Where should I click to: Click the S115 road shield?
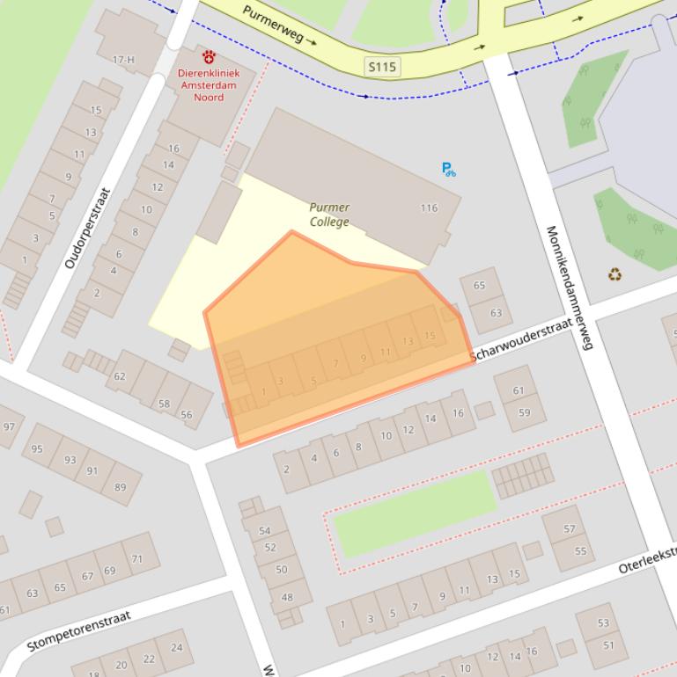[x=381, y=66]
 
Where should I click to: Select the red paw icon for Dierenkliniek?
[x=209, y=56]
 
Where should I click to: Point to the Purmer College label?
[x=329, y=215]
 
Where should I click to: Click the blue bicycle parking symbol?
[x=449, y=169]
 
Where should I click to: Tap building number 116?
[x=429, y=208]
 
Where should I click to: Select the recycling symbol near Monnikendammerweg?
[x=614, y=274]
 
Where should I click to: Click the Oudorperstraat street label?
[x=87, y=228]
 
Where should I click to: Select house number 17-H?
[x=123, y=60]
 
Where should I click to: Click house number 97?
[x=9, y=427]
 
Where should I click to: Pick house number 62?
[x=120, y=376]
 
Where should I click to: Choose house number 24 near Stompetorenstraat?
[x=176, y=648]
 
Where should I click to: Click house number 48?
[x=287, y=597]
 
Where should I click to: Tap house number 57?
[x=569, y=529]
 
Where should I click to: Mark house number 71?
[x=136, y=558]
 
